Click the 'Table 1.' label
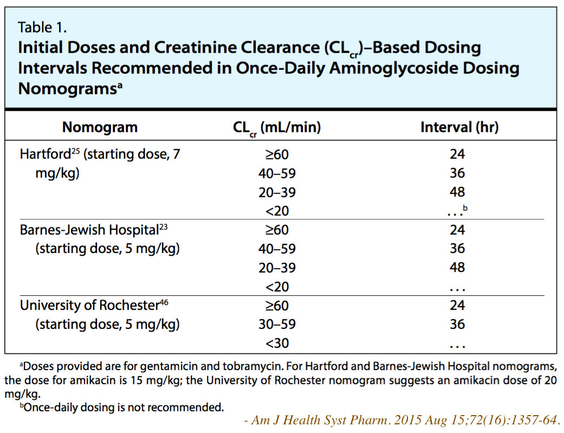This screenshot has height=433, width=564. [42, 27]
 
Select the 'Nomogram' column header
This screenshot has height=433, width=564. [100, 127]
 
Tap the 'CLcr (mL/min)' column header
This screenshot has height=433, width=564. [276, 128]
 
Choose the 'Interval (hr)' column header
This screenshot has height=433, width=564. [459, 127]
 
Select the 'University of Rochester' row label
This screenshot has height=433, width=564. [89, 305]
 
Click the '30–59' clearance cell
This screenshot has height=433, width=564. [276, 324]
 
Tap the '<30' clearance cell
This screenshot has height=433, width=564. [276, 343]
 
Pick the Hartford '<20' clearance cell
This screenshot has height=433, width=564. [276, 211]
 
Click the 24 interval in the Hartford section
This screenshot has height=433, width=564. [457, 154]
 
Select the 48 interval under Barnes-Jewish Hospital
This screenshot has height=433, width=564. [457, 268]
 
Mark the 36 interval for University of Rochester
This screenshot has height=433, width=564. [457, 324]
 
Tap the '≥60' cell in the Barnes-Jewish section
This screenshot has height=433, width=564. [276, 230]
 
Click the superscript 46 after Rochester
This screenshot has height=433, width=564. [164, 302]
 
